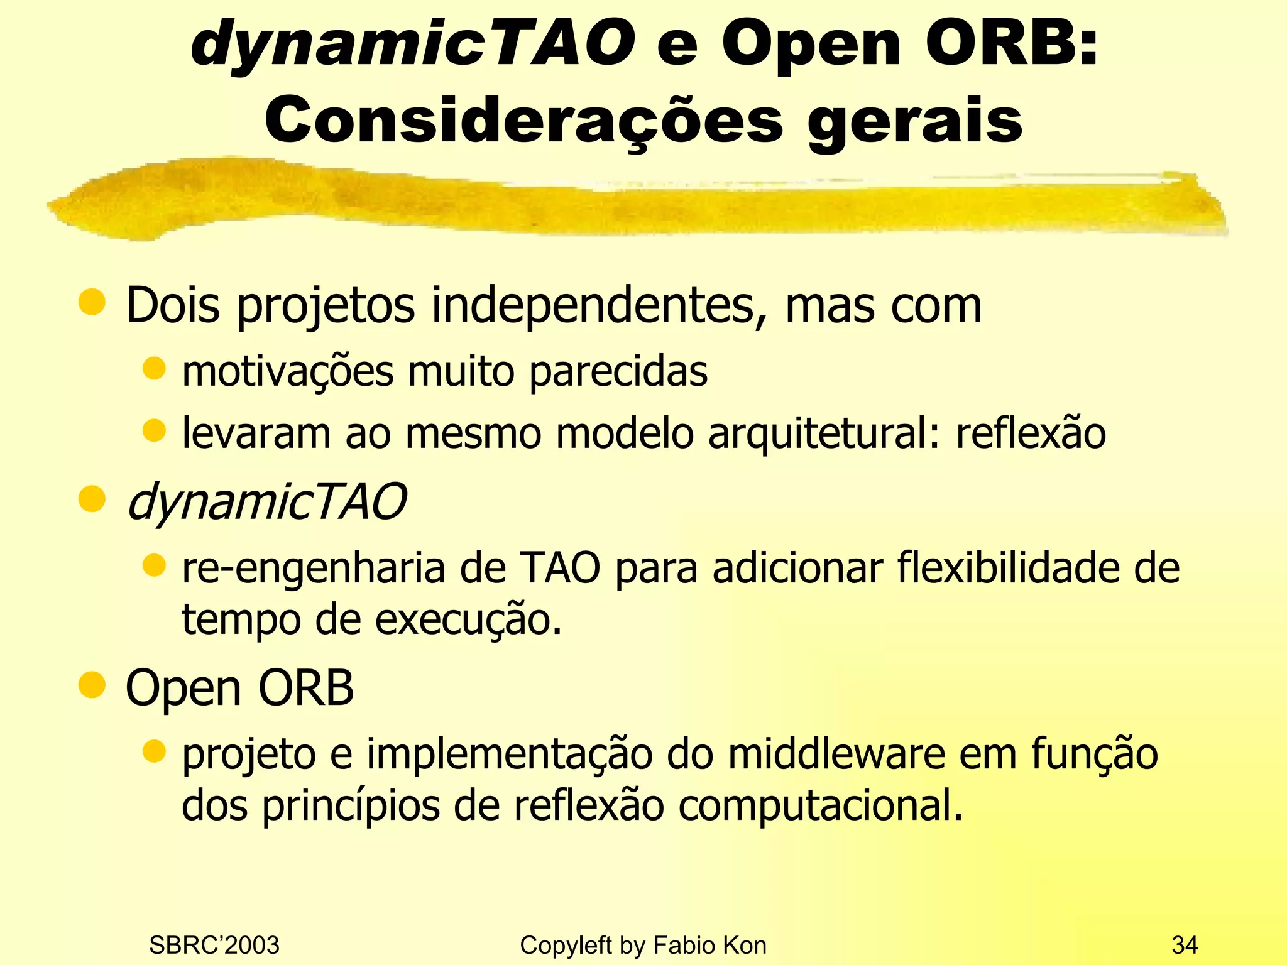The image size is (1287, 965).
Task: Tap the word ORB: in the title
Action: (1012, 43)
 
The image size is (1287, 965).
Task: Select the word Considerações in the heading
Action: (523, 121)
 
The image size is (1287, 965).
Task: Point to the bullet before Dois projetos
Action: (92, 302)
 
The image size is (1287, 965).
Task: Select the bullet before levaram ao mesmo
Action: (153, 431)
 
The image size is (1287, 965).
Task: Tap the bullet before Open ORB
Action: (92, 685)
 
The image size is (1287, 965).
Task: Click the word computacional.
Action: (820, 806)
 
